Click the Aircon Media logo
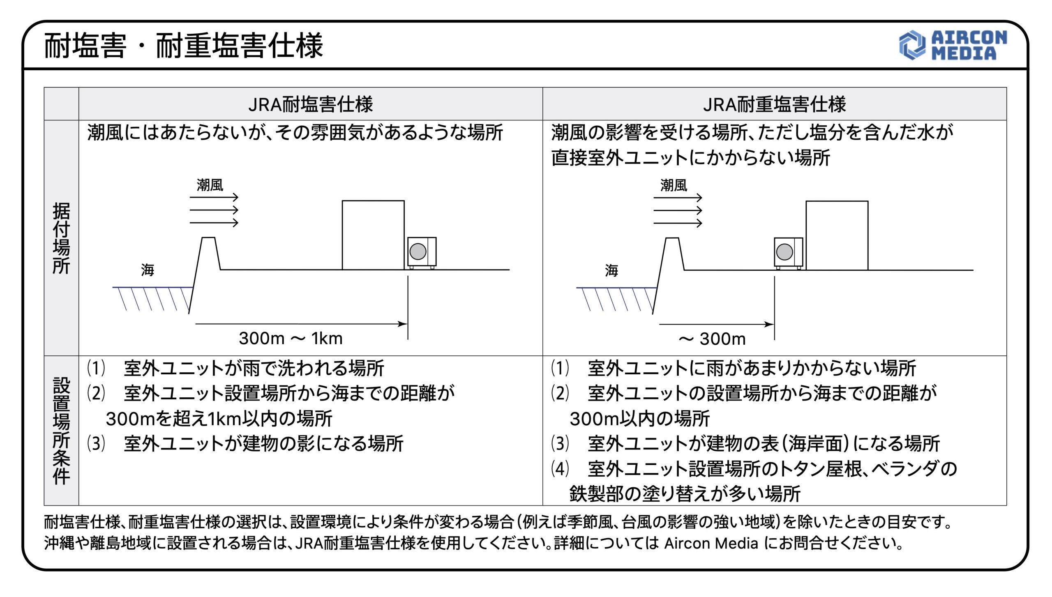(x=953, y=46)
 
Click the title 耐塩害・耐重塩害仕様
(x=183, y=46)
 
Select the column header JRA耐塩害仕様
(x=310, y=104)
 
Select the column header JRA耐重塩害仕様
(x=774, y=104)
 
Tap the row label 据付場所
(x=61, y=238)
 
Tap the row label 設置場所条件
(x=61, y=430)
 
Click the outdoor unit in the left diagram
(x=422, y=252)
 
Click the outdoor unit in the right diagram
(x=788, y=252)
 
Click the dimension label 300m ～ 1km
(x=291, y=339)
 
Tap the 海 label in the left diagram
(x=148, y=270)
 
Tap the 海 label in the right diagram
(x=611, y=270)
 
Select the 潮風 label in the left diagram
(x=210, y=185)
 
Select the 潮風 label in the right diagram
(x=674, y=185)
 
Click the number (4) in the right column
(x=560, y=468)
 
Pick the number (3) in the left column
(x=96, y=444)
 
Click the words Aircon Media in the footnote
(x=711, y=543)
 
